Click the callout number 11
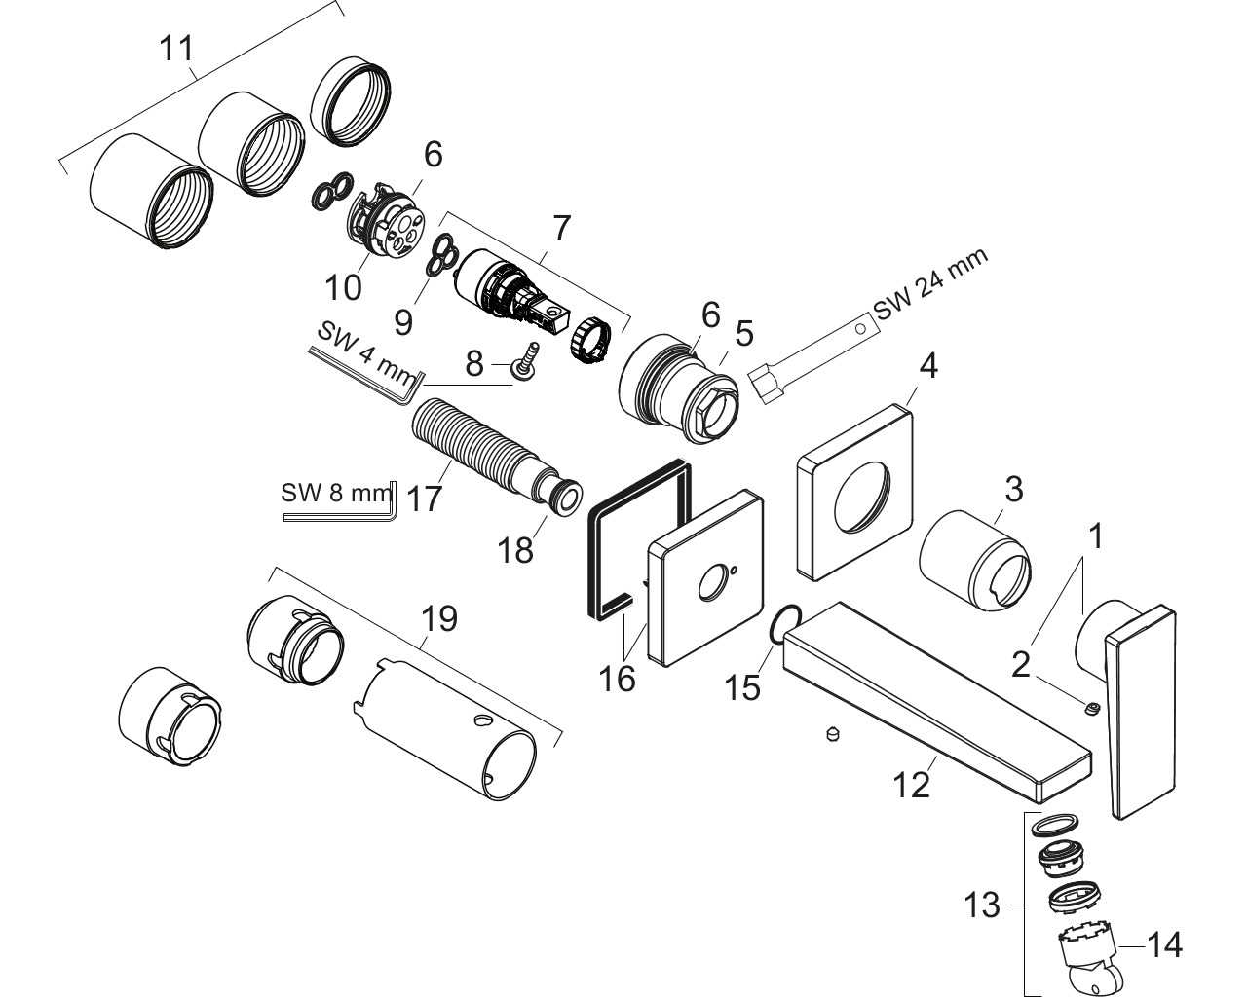(177, 48)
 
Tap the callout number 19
(439, 618)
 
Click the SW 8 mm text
(335, 493)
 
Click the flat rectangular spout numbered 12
(935, 701)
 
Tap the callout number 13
(983, 905)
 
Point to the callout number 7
(559, 230)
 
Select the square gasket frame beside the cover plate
(638, 540)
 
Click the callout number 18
(516, 549)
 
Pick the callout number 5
(744, 335)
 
